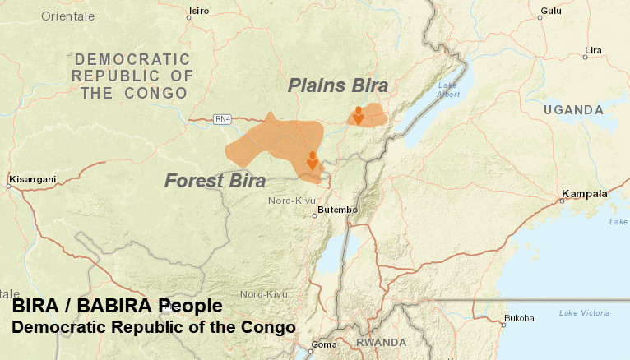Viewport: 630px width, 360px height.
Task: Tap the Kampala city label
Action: click(x=584, y=194)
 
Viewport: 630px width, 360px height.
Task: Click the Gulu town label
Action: click(x=551, y=10)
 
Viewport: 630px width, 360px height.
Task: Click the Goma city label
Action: click(x=322, y=344)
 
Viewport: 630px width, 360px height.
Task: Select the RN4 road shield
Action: click(x=222, y=119)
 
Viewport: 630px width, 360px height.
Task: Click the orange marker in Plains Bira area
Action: click(x=359, y=115)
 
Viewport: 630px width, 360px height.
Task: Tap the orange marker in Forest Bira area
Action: click(x=312, y=160)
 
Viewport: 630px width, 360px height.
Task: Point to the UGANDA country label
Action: click(x=574, y=109)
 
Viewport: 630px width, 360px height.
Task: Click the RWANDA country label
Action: click(x=381, y=342)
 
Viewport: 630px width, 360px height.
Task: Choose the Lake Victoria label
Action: click(x=584, y=312)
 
